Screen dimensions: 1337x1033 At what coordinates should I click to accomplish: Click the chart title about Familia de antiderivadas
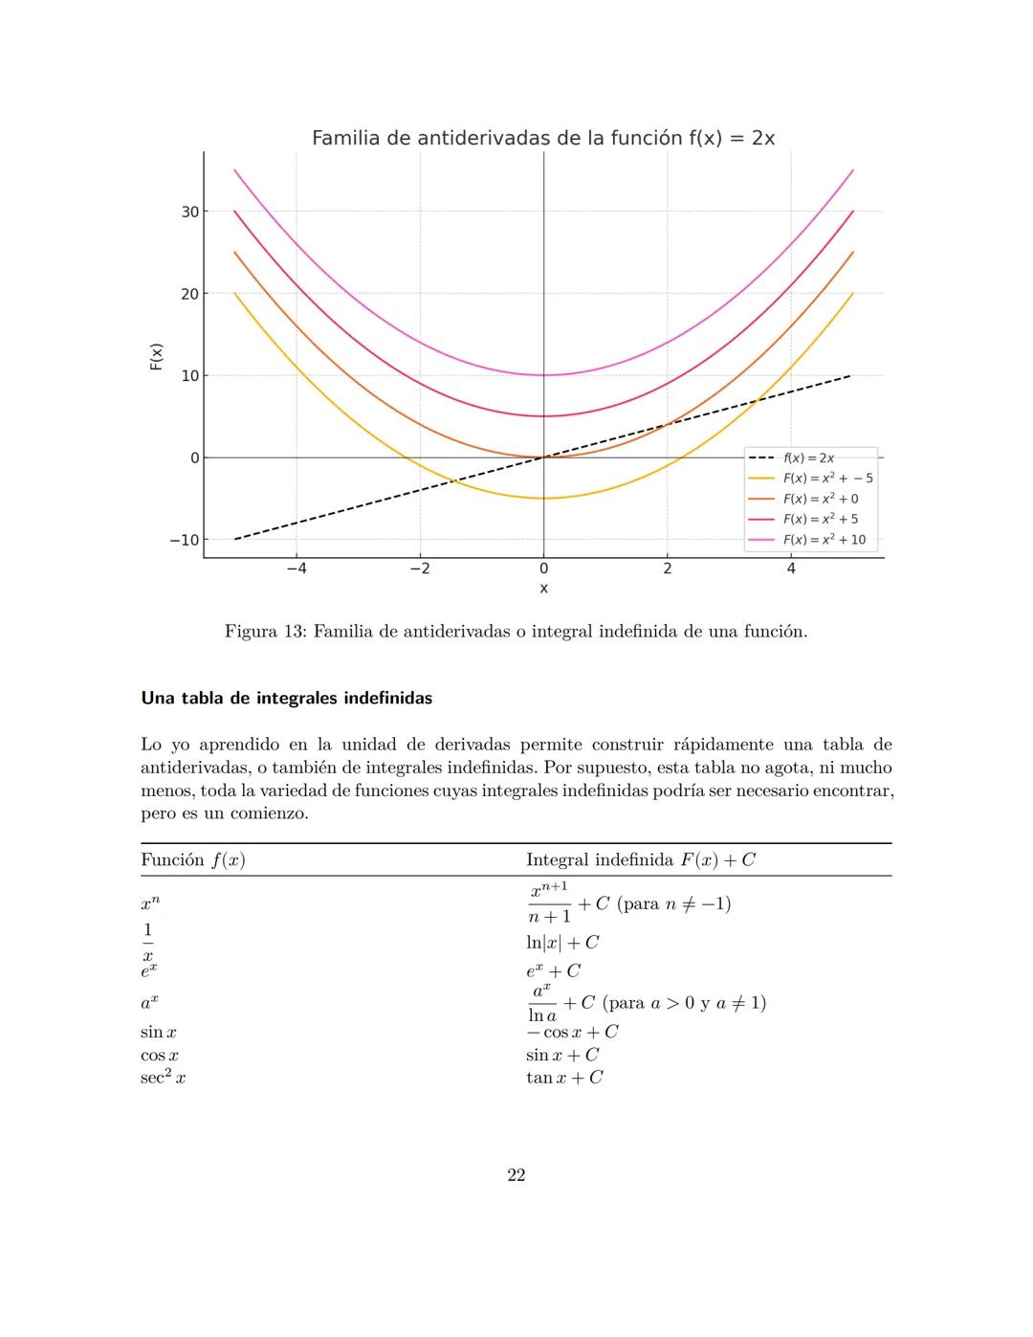[542, 138]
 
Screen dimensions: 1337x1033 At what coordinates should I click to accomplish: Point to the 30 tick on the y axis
[189, 212]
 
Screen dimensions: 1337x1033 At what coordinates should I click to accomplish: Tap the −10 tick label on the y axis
[184, 540]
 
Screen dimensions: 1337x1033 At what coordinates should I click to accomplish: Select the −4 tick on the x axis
[297, 568]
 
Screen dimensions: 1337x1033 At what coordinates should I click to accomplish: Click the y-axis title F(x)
[156, 356]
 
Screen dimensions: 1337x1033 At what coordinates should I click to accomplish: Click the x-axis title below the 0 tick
[543, 589]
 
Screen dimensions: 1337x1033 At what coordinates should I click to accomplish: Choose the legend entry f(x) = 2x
[808, 458]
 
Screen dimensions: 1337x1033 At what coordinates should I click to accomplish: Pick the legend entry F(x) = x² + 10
[824, 540]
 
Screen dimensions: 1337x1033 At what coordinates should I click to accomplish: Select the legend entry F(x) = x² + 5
[820, 519]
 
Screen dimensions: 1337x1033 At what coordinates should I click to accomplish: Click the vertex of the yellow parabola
[543, 498]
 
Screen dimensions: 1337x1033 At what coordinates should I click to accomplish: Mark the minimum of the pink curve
[543, 375]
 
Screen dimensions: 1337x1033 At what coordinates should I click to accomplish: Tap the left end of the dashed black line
[235, 539]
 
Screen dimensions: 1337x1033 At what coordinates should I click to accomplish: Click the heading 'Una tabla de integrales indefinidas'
[286, 698]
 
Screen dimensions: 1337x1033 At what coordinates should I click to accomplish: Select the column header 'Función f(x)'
[192, 859]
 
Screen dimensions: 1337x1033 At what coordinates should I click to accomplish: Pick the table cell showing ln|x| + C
[562, 942]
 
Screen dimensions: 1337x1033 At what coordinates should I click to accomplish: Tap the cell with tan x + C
[564, 1078]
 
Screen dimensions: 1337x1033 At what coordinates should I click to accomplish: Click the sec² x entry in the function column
[163, 1078]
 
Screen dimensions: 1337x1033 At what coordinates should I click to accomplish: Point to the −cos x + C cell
[572, 1032]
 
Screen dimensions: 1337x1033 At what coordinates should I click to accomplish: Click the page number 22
[516, 1175]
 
